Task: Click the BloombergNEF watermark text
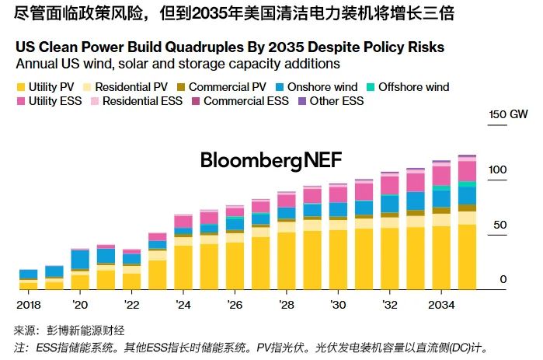[x=270, y=160]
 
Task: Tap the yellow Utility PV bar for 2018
[x=28, y=284]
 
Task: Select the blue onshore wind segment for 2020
[x=80, y=259]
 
